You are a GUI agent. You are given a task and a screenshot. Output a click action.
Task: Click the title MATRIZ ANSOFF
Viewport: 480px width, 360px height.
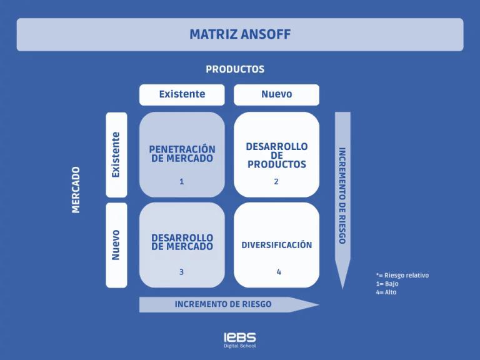[x=240, y=34]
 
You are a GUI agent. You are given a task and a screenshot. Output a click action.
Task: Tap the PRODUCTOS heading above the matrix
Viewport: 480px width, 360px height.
[x=235, y=69]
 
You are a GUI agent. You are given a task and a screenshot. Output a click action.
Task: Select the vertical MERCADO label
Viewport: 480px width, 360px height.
[x=76, y=189]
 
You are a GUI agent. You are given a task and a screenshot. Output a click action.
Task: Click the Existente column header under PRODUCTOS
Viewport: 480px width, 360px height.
[x=182, y=94]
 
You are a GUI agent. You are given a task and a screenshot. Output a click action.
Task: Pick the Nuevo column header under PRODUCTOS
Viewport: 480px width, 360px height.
[x=276, y=94]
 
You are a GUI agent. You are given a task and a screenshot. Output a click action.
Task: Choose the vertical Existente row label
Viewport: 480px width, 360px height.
[x=116, y=154]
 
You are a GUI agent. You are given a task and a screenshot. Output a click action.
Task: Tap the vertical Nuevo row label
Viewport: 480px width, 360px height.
[x=116, y=245]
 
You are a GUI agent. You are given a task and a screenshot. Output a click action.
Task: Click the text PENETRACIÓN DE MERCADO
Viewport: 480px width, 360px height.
[x=182, y=154]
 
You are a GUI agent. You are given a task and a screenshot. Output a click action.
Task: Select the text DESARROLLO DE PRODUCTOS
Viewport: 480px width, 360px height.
[x=276, y=155]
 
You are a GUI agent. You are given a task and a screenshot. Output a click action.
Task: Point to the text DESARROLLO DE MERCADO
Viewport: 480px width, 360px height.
[x=182, y=242]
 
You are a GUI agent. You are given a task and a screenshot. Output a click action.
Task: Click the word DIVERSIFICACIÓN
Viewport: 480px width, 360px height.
[x=276, y=245]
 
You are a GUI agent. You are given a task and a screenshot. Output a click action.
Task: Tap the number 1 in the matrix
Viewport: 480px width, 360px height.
[x=182, y=182]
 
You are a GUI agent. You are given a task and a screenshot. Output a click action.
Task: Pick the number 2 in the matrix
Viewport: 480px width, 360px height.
[x=276, y=182]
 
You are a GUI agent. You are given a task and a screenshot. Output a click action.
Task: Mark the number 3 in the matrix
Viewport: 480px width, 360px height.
[x=182, y=272]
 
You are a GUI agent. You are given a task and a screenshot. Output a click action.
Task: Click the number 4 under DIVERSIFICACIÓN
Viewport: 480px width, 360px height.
[x=279, y=272]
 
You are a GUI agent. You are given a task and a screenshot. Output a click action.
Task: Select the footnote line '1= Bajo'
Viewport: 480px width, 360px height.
[x=387, y=284]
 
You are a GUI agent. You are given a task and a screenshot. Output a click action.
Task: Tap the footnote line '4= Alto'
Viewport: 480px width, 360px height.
[x=386, y=292]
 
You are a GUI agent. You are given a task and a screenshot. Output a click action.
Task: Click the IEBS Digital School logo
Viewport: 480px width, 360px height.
[x=240, y=340]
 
